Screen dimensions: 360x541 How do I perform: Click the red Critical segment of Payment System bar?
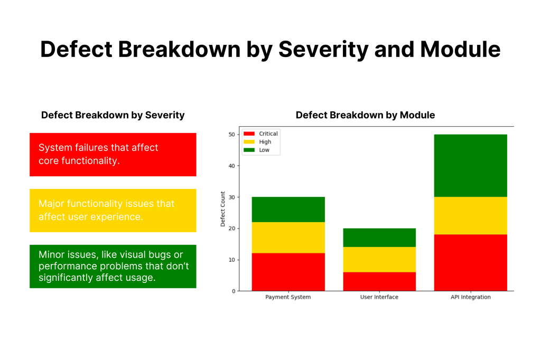click(x=288, y=272)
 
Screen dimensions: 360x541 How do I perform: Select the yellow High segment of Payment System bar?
click(x=288, y=238)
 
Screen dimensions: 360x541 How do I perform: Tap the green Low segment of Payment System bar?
click(x=288, y=210)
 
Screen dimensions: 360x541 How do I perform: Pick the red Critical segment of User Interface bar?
click(x=379, y=281)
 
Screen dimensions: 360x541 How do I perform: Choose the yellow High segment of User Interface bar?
click(x=379, y=259)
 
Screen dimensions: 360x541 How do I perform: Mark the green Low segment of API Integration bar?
click(x=470, y=166)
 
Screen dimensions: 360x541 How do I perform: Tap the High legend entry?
click(x=260, y=142)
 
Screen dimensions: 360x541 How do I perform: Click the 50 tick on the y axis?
click(x=231, y=135)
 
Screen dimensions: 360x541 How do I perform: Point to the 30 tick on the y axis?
click(x=231, y=197)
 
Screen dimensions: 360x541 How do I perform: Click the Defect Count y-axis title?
click(x=223, y=209)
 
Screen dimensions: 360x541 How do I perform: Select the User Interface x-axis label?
click(x=379, y=297)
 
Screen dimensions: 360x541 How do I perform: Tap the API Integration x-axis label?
click(x=470, y=297)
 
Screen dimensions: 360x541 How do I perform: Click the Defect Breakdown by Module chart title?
click(x=365, y=115)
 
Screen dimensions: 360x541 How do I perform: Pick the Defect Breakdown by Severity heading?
click(x=113, y=115)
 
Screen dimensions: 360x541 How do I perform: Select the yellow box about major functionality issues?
click(x=113, y=210)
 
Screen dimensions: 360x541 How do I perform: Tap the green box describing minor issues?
click(x=113, y=266)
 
